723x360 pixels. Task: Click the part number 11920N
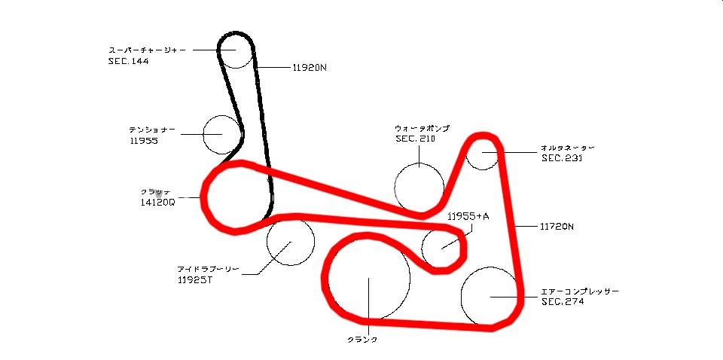click(310, 67)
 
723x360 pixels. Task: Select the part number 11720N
click(557, 225)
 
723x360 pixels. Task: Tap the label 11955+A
click(468, 217)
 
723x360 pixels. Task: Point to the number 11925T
click(194, 280)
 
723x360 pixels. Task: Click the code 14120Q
click(157, 202)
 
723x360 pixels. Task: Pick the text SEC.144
click(128, 62)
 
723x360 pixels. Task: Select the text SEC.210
click(415, 139)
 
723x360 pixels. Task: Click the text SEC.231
click(561, 158)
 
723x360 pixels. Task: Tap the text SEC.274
click(562, 301)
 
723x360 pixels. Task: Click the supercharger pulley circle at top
click(236, 50)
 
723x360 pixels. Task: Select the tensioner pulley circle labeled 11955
click(223, 135)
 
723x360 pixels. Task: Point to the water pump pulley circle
click(419, 187)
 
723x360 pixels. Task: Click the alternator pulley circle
click(483, 154)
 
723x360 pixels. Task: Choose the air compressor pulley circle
click(490, 296)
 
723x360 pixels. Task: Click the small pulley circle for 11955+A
click(442, 246)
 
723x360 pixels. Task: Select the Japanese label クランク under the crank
click(362, 340)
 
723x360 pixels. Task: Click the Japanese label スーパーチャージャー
click(148, 50)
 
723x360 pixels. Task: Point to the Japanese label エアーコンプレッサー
click(580, 291)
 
